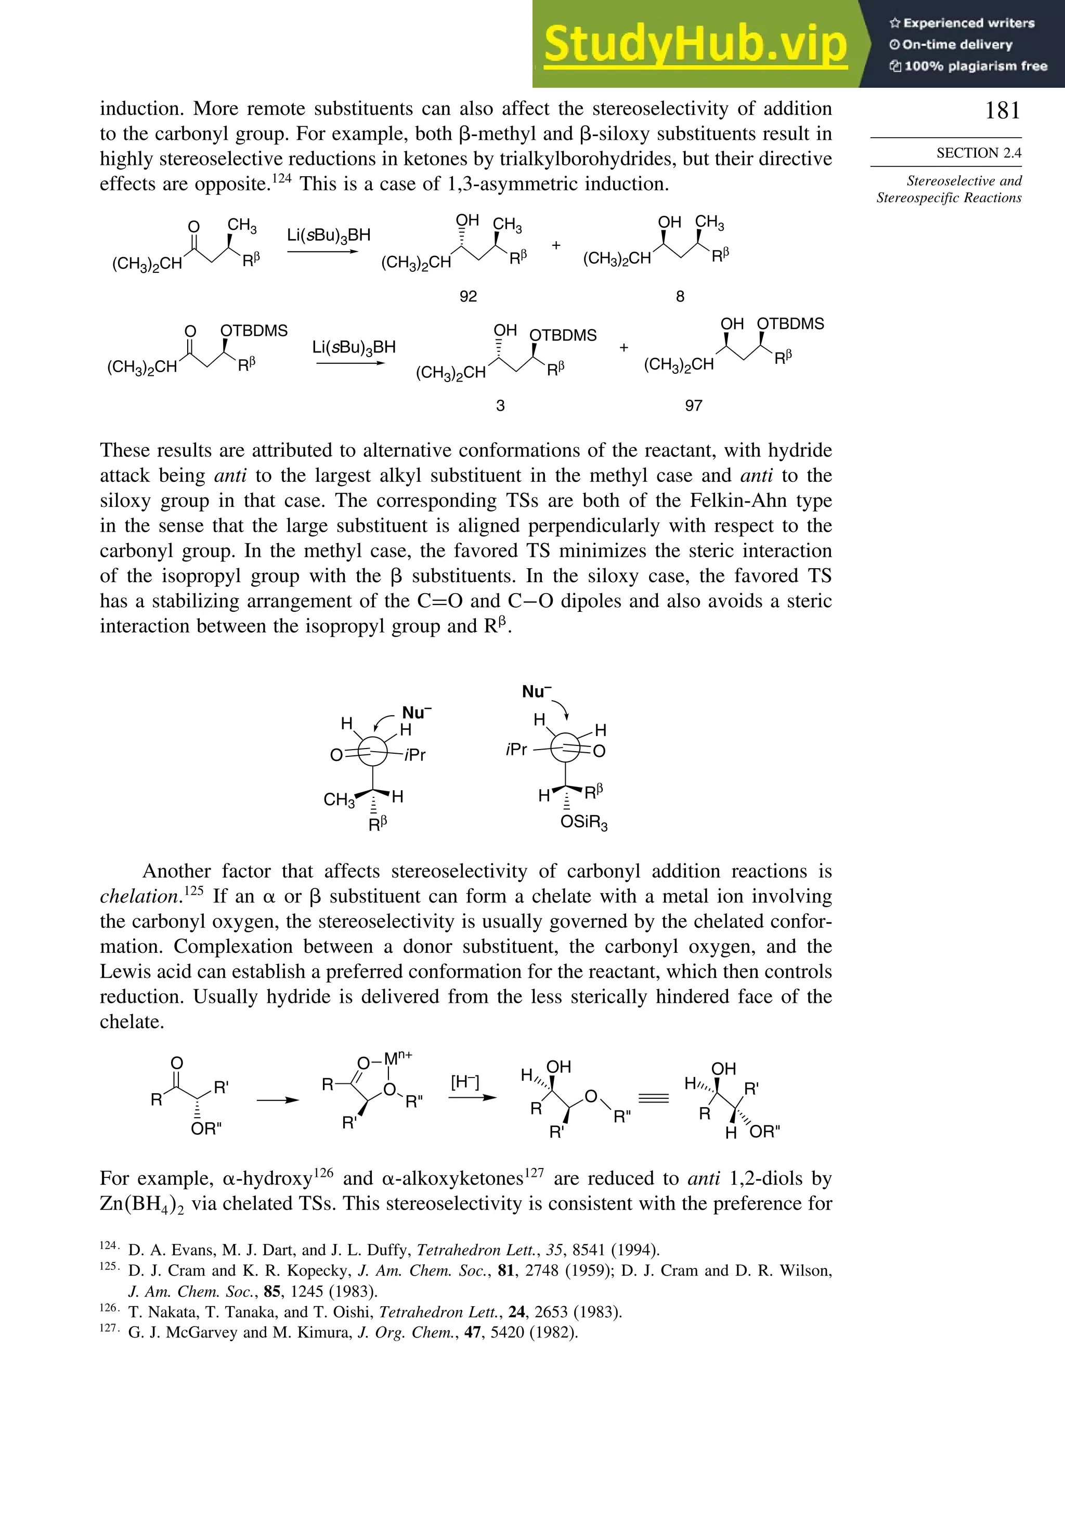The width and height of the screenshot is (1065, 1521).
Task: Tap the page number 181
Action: [x=1002, y=110]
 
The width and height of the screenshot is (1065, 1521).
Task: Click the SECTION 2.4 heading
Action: [x=978, y=153]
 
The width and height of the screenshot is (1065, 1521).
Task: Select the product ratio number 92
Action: [x=468, y=296]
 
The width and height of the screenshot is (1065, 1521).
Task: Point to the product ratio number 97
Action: [x=693, y=405]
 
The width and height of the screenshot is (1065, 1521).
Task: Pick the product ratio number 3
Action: [x=500, y=405]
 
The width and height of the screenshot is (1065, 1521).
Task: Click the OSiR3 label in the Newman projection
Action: [x=584, y=823]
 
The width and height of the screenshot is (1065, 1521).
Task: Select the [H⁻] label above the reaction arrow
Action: [x=464, y=1082]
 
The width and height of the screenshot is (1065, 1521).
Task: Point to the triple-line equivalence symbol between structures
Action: [x=653, y=1098]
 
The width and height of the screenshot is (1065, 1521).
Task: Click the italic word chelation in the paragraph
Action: [x=140, y=896]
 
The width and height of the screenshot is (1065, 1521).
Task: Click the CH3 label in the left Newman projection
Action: [x=340, y=800]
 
